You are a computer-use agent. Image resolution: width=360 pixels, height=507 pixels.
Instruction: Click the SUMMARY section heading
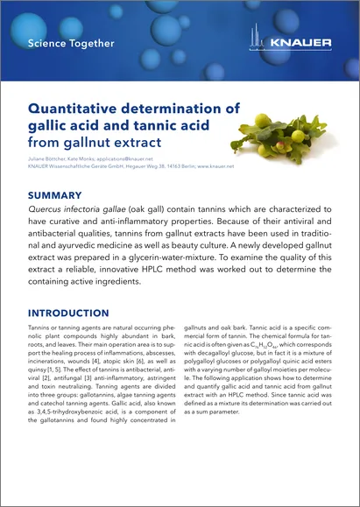coord(55,195)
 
